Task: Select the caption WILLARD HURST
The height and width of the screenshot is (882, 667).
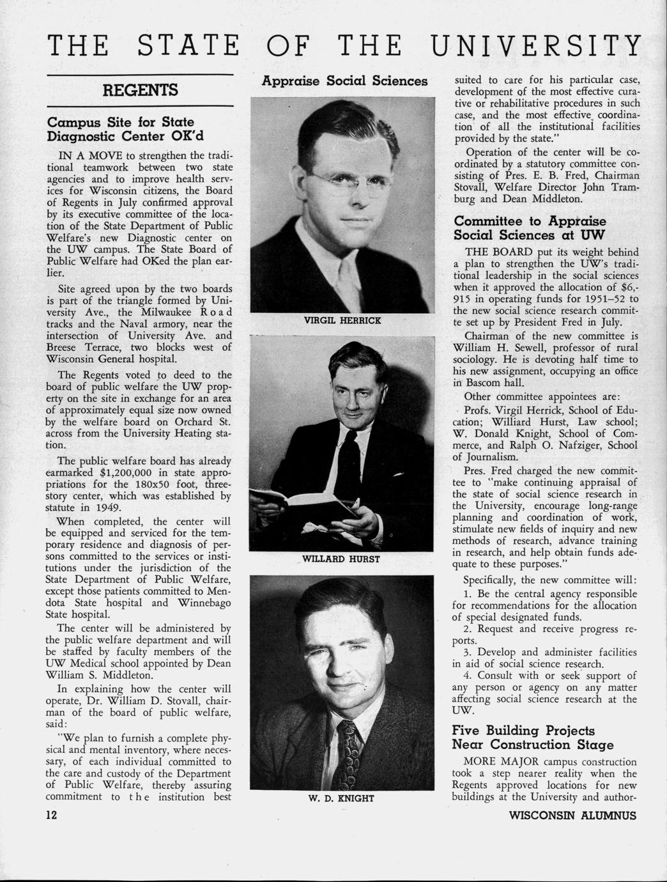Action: (341, 559)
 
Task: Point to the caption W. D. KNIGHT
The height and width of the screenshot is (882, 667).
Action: (341, 798)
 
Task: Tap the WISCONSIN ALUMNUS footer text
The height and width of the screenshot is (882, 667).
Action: (572, 816)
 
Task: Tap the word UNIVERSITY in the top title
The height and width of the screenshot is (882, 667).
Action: (535, 46)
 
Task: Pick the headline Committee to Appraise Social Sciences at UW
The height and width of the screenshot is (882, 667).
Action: (530, 228)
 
